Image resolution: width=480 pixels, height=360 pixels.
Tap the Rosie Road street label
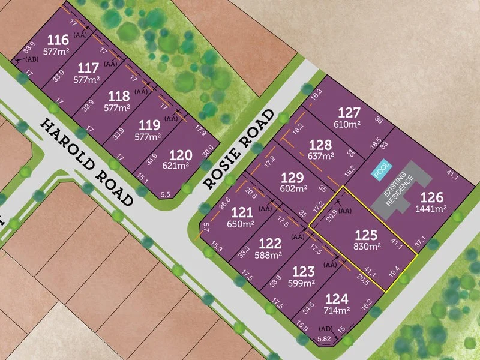click(240, 148)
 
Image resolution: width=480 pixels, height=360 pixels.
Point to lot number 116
click(58, 41)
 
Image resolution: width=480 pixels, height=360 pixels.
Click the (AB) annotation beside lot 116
click(31, 60)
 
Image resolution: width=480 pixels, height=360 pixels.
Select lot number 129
click(292, 178)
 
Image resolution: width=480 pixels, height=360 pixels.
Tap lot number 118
click(119, 96)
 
